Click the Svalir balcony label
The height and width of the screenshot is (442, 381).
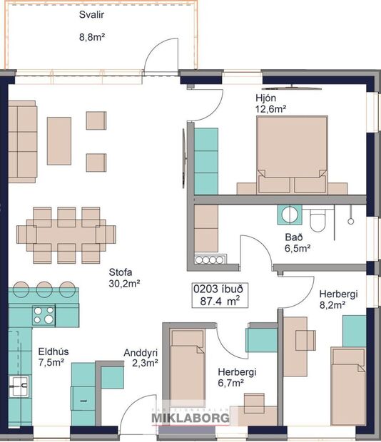(x=90, y=14)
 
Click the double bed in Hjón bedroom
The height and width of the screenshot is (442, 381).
(x=292, y=153)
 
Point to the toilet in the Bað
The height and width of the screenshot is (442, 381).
(x=319, y=219)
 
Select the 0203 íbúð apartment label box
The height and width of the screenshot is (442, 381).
(x=219, y=295)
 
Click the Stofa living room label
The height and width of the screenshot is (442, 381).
(x=122, y=272)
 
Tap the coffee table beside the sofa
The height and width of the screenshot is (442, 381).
(x=59, y=135)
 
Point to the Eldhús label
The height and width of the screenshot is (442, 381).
(x=51, y=351)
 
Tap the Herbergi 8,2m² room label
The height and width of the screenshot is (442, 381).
(x=332, y=299)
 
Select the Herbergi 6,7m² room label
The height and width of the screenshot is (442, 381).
(x=236, y=377)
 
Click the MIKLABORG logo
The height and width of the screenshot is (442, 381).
(x=190, y=418)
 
